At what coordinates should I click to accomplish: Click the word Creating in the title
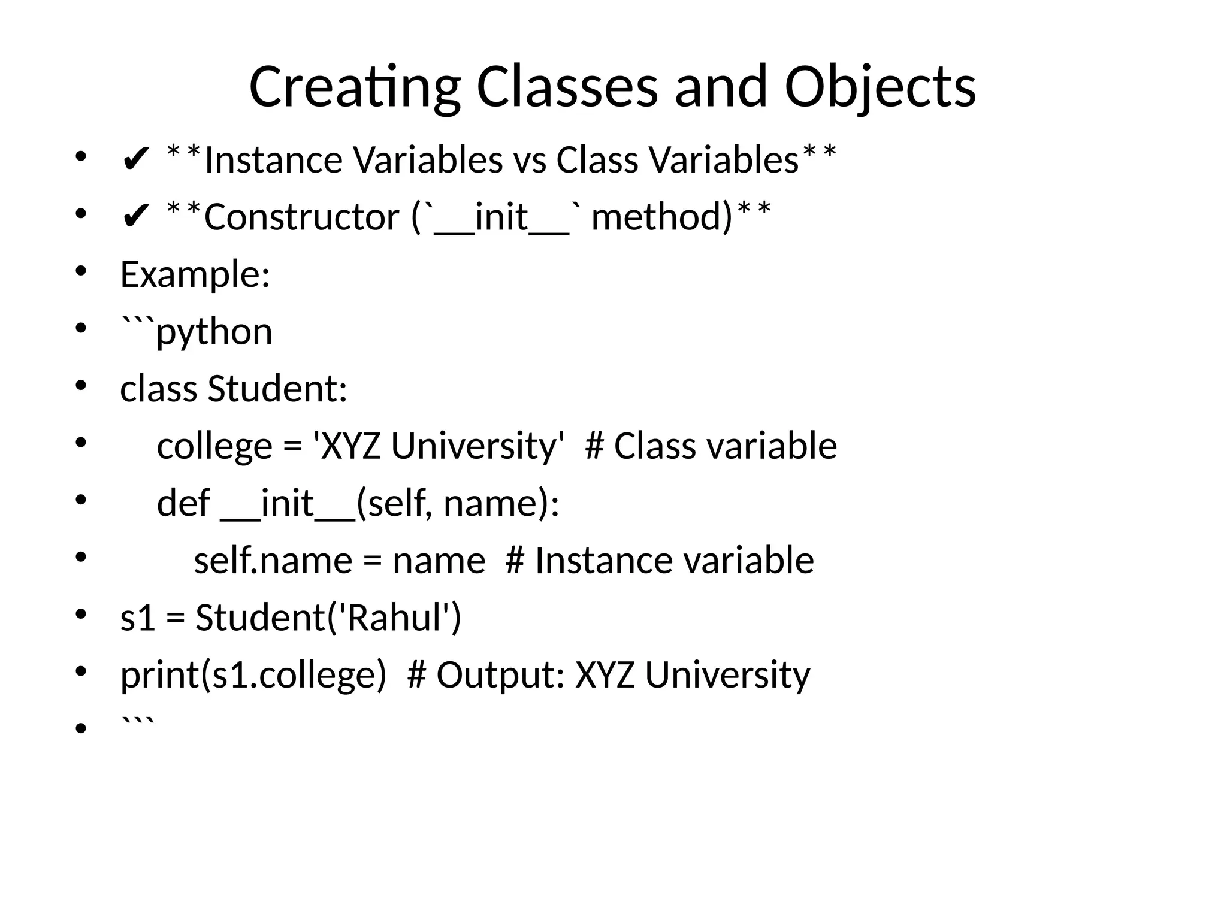(353, 88)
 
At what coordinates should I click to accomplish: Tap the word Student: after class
(277, 389)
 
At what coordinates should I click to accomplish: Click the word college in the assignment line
(214, 447)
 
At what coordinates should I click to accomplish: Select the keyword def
(183, 504)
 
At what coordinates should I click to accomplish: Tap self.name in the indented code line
(273, 561)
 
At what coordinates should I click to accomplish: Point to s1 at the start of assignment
(137, 618)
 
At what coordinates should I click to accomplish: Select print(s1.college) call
(253, 676)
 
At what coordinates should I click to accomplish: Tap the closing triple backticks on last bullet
(137, 722)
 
